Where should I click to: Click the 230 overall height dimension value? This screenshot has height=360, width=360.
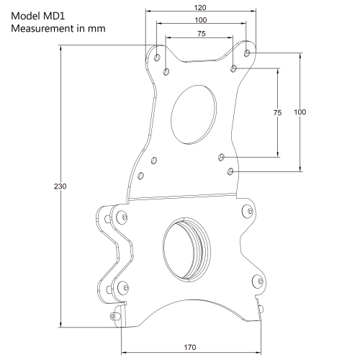(60, 186)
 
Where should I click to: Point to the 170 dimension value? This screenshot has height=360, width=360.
(189, 347)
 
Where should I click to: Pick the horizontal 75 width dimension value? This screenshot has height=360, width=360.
(202, 33)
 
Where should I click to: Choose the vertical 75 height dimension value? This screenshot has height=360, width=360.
(277, 113)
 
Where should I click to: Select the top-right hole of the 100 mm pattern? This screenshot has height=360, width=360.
(247, 53)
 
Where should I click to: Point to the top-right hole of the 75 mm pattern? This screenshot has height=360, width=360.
(233, 69)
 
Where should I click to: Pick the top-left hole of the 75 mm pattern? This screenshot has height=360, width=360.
(166, 72)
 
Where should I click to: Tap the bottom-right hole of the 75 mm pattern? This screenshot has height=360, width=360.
(222, 156)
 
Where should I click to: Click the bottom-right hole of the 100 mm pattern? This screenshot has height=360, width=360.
(230, 171)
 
